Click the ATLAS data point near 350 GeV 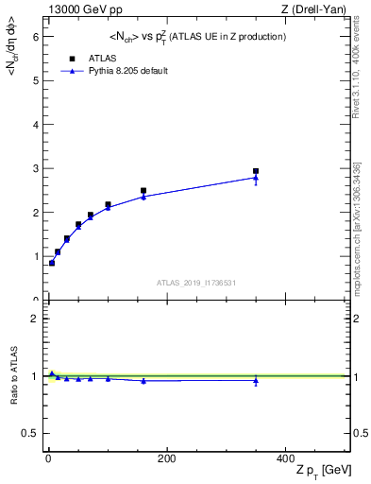[x=256, y=171]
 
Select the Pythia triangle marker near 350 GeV [x=256, y=178]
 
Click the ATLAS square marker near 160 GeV [x=143, y=191]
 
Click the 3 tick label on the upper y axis [x=37, y=168]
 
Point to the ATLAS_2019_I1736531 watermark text [x=196, y=283]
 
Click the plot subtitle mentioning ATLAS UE [x=195, y=36]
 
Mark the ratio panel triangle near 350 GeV [x=256, y=381]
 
